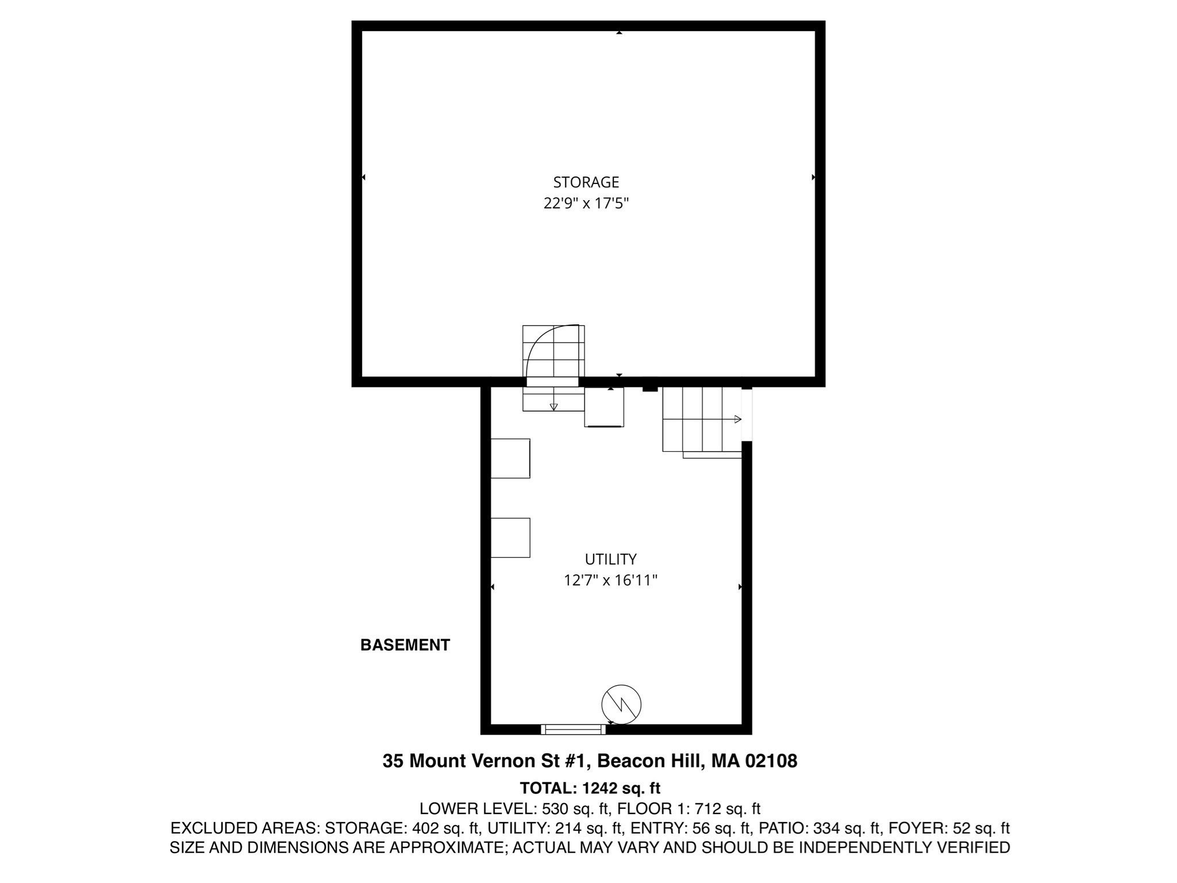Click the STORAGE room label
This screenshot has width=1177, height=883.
[586, 182]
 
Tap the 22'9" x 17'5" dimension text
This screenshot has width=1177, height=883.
[586, 204]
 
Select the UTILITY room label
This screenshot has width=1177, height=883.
[610, 559]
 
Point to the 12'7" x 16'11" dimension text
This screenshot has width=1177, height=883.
[610, 581]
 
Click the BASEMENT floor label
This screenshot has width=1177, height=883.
[405, 646]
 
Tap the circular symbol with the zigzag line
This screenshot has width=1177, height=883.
[621, 704]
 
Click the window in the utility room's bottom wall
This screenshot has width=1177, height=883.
[574, 729]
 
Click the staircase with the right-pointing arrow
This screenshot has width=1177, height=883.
[702, 420]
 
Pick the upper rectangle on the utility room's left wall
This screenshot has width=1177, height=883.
[510, 458]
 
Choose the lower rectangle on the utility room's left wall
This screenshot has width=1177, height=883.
[510, 538]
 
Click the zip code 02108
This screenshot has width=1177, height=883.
[771, 761]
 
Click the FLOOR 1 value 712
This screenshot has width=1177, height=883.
[707, 809]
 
